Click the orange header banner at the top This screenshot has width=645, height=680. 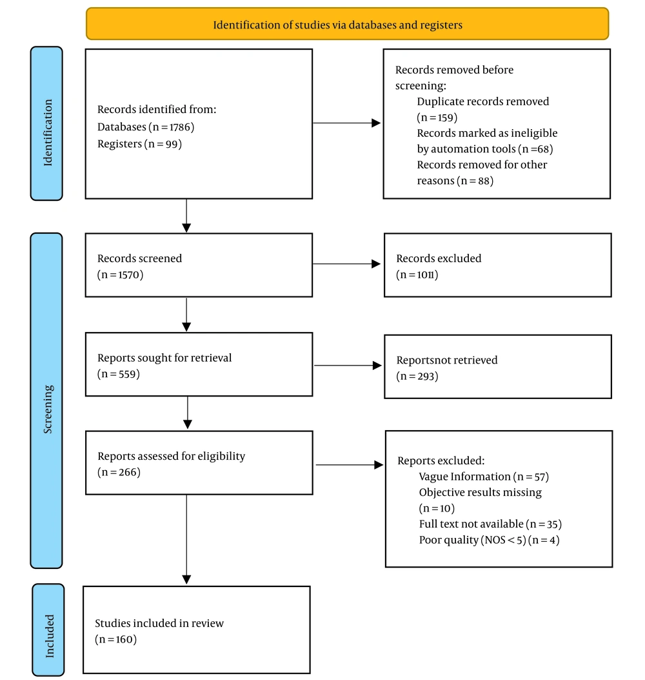coord(347,24)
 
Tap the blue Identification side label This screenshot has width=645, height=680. coord(46,123)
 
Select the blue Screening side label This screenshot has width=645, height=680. coord(46,400)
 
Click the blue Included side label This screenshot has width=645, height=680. coord(48,629)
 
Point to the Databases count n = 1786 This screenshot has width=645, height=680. coord(171,127)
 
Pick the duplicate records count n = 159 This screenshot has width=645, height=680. coord(437,118)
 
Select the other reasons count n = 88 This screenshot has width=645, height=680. coord(475,181)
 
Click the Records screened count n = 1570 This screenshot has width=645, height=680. coord(120,275)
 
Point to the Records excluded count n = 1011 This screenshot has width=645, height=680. coord(417,275)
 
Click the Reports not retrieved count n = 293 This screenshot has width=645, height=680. coord(417,376)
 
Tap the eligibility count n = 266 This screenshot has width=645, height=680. coord(119,472)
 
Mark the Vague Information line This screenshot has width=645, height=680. coord(484,477)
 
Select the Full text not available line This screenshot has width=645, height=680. coord(490,524)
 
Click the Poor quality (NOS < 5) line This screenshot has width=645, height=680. coord(489,541)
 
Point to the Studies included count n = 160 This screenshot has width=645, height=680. coord(115,640)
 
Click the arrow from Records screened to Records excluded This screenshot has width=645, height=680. coord(346,263)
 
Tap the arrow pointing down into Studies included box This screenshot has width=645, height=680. coord(186,539)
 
